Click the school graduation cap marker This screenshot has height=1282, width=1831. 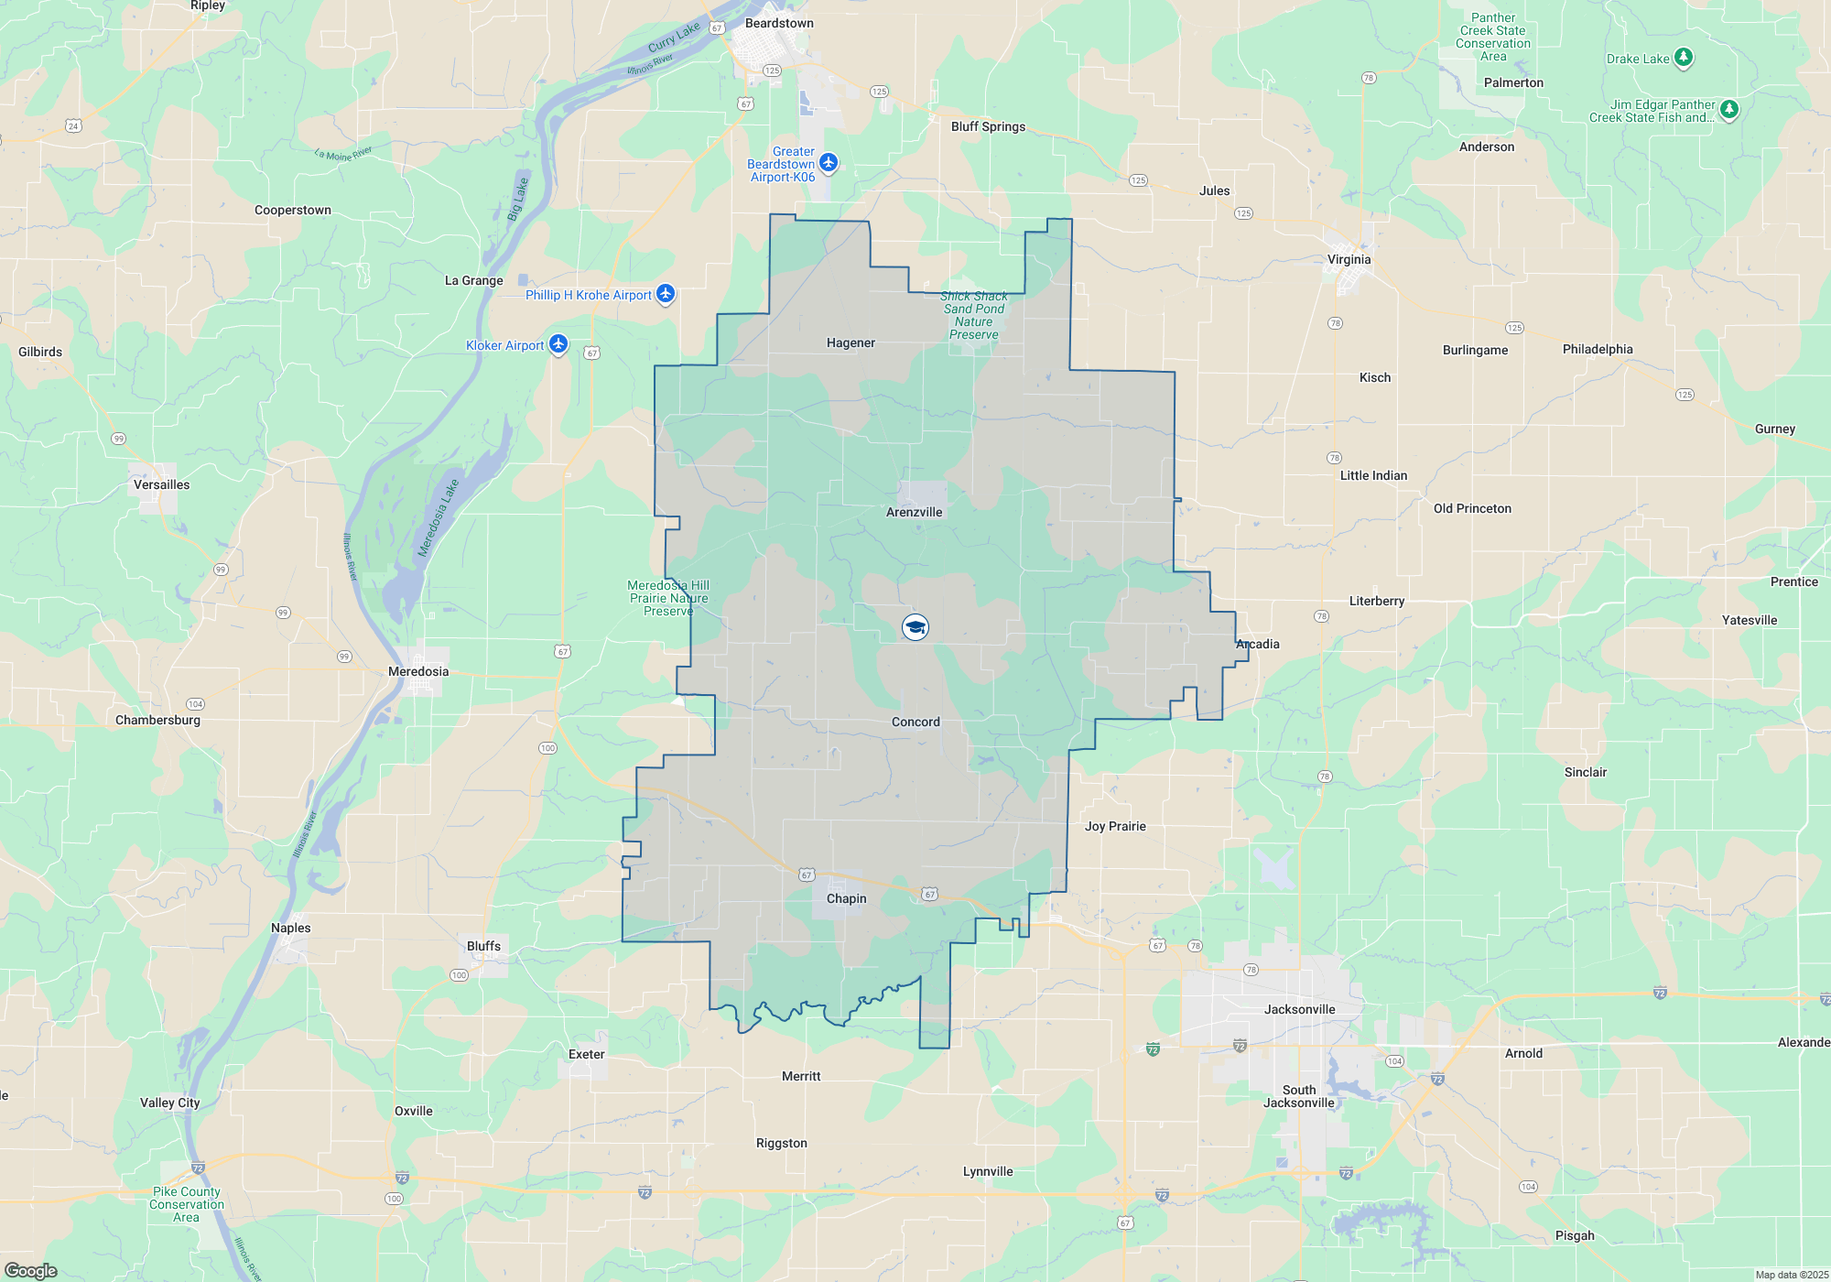(x=915, y=627)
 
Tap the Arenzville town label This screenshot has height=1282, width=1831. (x=914, y=512)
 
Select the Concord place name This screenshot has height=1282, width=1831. (x=915, y=722)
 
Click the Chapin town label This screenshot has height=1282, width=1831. (x=846, y=898)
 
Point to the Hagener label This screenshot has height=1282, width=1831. (x=850, y=342)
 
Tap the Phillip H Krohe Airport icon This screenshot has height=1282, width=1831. (x=666, y=294)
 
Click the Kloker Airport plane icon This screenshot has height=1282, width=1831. (x=558, y=344)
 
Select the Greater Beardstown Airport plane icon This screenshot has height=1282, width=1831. (x=829, y=162)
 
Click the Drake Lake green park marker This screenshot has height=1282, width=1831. (x=1683, y=58)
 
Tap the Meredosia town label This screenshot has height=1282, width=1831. (x=418, y=671)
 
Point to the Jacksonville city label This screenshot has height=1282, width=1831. (x=1299, y=1009)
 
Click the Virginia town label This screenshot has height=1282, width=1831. (x=1349, y=259)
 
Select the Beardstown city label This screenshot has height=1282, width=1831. (x=779, y=23)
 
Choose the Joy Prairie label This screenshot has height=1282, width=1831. (x=1115, y=826)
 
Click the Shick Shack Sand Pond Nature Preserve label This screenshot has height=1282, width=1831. (x=973, y=315)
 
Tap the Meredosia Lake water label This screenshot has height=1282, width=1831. (x=438, y=517)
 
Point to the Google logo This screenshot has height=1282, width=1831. (x=31, y=1270)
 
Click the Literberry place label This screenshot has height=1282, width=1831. (x=1376, y=601)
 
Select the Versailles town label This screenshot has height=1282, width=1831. (x=161, y=484)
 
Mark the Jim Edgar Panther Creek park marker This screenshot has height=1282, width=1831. (x=1728, y=109)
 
